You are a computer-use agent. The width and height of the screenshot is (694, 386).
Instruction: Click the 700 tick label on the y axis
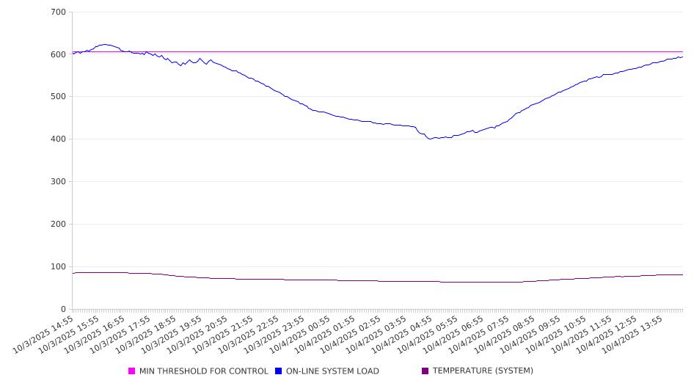click(x=59, y=12)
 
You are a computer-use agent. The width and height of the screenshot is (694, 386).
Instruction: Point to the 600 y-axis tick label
click(x=59, y=54)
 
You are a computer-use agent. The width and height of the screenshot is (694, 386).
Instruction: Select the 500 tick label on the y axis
click(x=59, y=97)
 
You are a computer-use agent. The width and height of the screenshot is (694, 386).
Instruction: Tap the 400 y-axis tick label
click(x=59, y=139)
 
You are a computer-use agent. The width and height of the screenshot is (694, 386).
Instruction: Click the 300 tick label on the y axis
click(x=59, y=182)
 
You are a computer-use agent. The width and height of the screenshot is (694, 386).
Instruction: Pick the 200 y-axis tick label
click(x=59, y=225)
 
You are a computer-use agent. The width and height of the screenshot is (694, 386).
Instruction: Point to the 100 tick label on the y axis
click(x=59, y=267)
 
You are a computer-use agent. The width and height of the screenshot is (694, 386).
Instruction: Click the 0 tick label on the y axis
click(x=64, y=310)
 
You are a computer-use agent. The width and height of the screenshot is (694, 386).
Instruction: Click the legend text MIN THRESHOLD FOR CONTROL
click(x=203, y=371)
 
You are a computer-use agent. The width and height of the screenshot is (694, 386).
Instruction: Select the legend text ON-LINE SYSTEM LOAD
click(x=332, y=371)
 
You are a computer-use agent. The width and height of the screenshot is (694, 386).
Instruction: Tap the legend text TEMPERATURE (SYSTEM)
click(x=483, y=371)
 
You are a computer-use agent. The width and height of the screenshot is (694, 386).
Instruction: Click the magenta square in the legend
click(x=132, y=371)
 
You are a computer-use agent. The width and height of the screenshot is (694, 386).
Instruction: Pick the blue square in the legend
click(x=279, y=371)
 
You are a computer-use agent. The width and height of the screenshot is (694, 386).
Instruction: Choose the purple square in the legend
click(x=425, y=371)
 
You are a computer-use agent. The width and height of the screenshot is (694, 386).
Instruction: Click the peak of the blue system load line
click(x=105, y=44)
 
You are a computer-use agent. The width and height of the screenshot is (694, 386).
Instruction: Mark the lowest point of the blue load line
click(x=431, y=139)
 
